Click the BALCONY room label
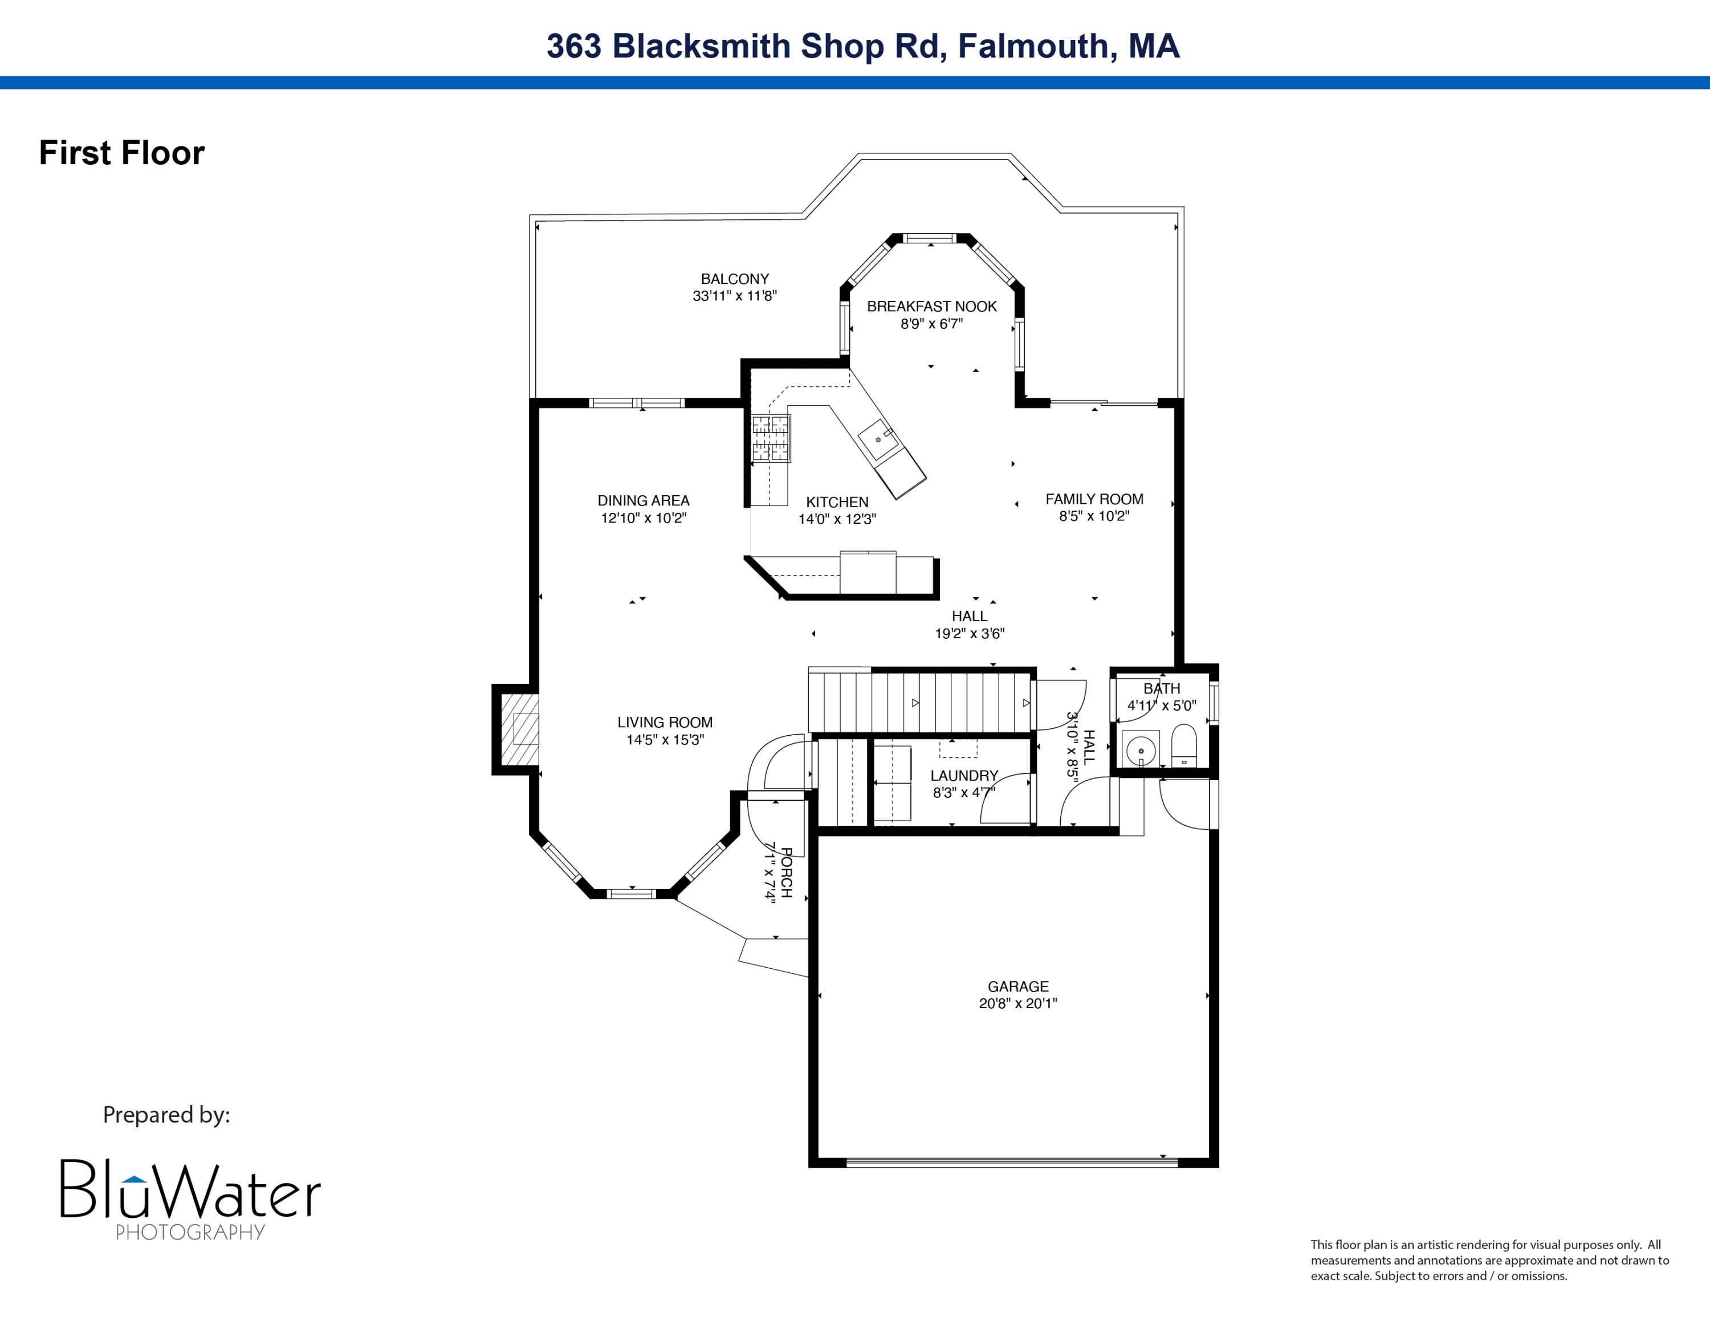[x=734, y=279]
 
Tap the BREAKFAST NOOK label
[x=932, y=306]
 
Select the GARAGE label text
[x=1018, y=986]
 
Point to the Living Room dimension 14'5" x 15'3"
[x=665, y=740]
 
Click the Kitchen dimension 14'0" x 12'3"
[x=837, y=519]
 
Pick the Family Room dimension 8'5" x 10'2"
[x=1094, y=516]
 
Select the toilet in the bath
[x=1184, y=745]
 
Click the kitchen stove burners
[x=771, y=438]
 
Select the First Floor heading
[x=121, y=153]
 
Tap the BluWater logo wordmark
[x=190, y=1188]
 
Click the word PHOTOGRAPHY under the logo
[x=190, y=1232]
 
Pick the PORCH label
[x=787, y=872]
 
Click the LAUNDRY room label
[x=964, y=776]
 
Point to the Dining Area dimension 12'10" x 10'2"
[x=644, y=517]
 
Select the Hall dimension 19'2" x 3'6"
[x=970, y=633]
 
